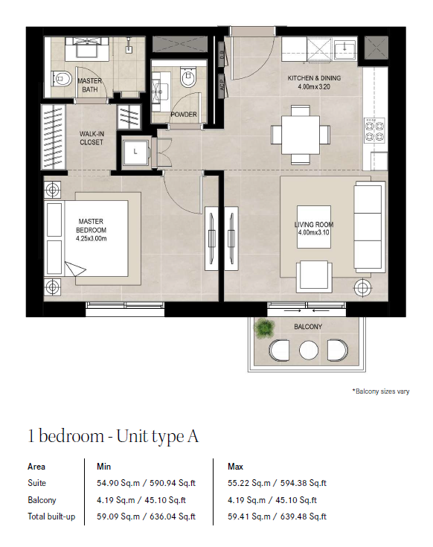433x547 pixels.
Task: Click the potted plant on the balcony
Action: (x=265, y=328)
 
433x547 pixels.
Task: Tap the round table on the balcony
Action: (x=309, y=350)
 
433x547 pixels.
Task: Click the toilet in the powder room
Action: (x=189, y=77)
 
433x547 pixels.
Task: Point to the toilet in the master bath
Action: (x=61, y=79)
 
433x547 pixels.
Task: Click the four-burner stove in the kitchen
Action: (x=375, y=130)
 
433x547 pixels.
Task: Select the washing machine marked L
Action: (x=135, y=152)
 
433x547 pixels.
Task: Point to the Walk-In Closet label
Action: (x=92, y=138)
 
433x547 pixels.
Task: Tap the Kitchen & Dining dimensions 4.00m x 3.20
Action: (x=314, y=86)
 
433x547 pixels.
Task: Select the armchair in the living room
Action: (x=314, y=277)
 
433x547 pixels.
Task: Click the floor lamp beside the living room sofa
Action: (x=362, y=288)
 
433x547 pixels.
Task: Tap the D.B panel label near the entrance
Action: (x=222, y=54)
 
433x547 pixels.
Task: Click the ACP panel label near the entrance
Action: (x=222, y=85)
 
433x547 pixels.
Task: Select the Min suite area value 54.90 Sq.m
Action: (x=118, y=483)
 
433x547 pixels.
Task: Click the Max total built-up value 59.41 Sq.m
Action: (x=249, y=516)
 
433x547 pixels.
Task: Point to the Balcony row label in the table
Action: (x=42, y=500)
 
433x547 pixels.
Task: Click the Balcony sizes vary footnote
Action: (x=381, y=391)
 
